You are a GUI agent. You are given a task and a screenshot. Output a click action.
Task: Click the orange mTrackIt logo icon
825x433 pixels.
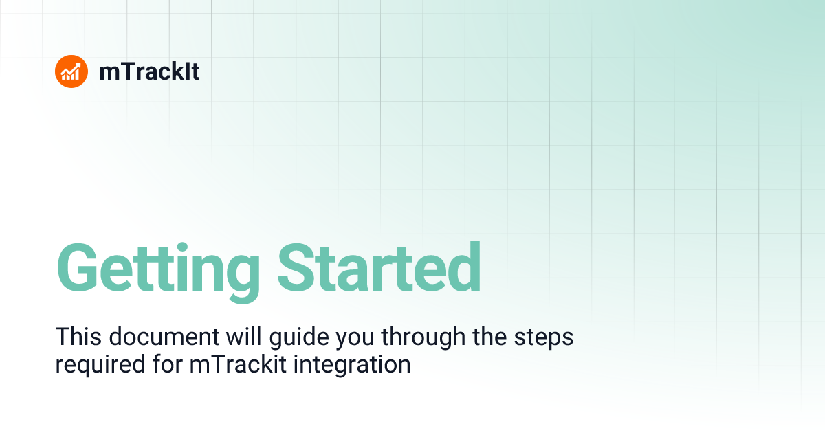click(71, 71)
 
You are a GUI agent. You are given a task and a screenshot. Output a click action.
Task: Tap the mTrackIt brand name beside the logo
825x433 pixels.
click(149, 71)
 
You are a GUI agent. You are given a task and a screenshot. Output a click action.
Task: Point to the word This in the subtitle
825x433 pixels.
click(76, 337)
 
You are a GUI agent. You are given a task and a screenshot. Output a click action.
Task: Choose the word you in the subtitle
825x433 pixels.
click(362, 339)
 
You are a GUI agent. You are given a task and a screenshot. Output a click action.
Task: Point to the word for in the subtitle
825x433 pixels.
click(166, 364)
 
